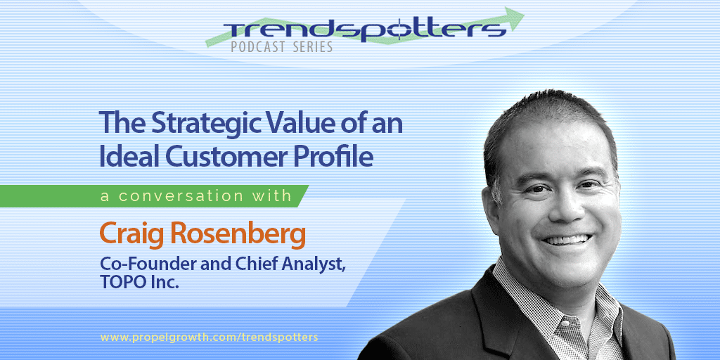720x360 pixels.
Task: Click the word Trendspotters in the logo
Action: [x=365, y=30]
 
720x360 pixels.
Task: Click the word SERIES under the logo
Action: [x=311, y=47]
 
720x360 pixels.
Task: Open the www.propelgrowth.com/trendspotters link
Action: [x=209, y=337]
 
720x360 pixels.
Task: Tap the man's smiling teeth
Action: [x=568, y=240]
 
